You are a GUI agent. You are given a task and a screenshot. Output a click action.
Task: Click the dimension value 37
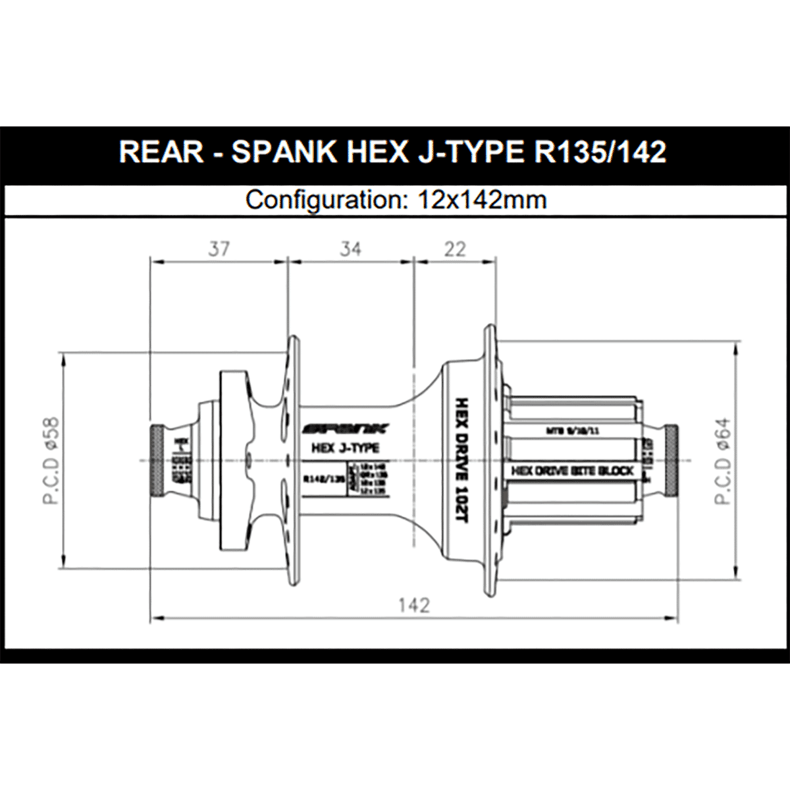219,249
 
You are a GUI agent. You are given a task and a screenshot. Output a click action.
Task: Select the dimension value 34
350,249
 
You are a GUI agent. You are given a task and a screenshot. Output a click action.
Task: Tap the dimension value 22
455,249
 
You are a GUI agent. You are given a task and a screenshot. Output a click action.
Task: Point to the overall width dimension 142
414,604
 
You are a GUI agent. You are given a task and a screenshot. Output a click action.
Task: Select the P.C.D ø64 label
723,461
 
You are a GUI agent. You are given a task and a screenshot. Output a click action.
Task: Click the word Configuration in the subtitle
323,199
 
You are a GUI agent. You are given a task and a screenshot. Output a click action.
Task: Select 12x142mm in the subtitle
482,199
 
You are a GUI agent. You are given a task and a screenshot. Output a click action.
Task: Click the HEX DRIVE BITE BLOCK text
572,471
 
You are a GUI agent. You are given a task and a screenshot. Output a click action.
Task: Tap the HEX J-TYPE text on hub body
344,448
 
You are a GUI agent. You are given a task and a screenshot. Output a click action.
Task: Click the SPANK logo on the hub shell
345,429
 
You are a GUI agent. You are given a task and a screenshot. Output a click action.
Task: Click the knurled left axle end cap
158,461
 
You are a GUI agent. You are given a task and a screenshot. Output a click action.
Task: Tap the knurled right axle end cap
671,461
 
